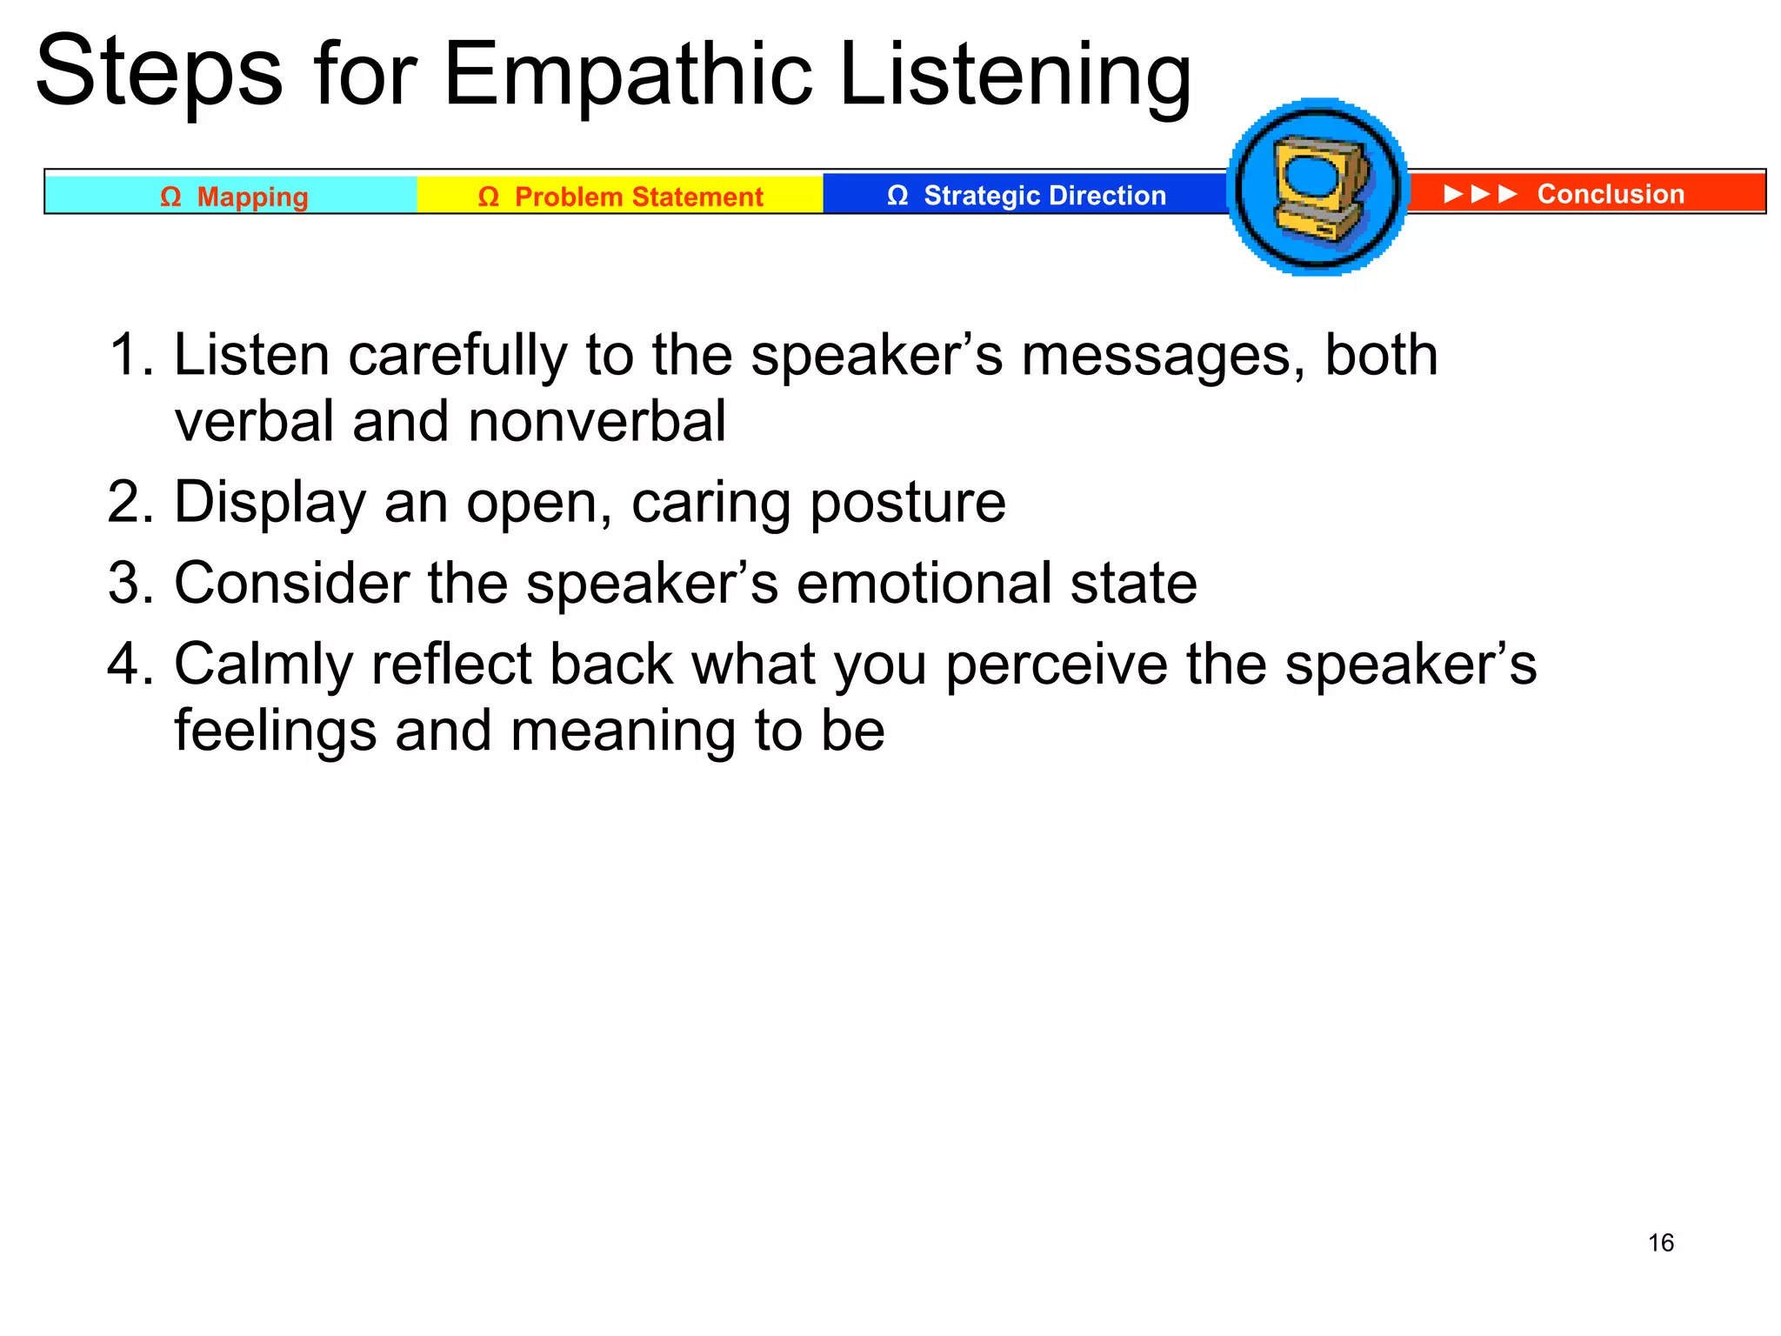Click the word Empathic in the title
coord(629,77)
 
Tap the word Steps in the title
coord(159,74)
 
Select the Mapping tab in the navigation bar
coord(232,196)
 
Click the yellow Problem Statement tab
coord(620,196)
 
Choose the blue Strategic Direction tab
coord(1025,195)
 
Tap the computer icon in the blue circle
coord(1317,188)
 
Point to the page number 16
coord(1660,1242)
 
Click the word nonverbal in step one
coord(596,422)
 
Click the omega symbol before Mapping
coord(170,197)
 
